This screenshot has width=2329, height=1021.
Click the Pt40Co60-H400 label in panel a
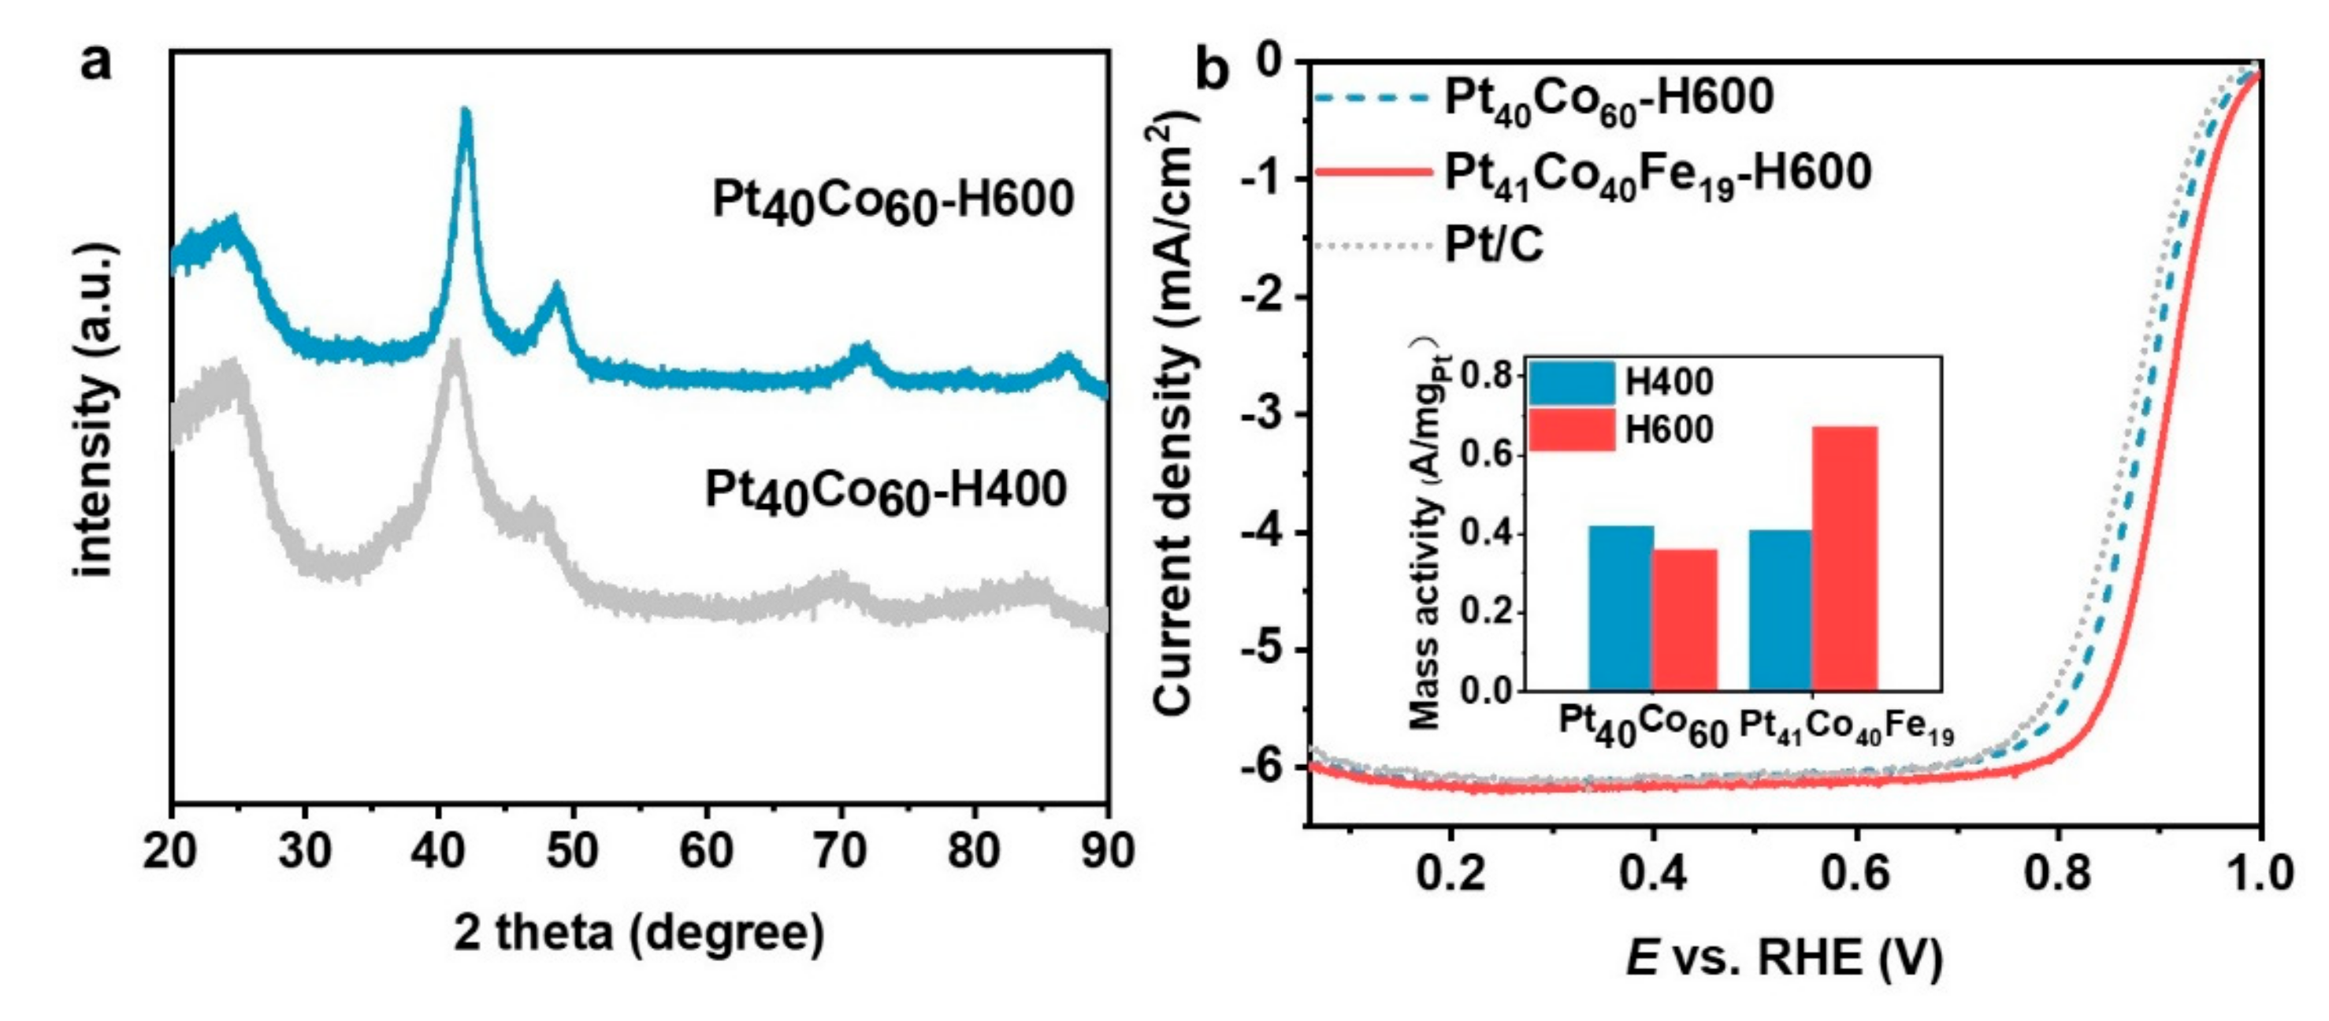[885, 492]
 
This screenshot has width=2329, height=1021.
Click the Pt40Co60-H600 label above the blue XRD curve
[893, 201]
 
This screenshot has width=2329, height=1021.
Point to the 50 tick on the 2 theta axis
[572, 850]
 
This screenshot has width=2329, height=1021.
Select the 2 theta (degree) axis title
[638, 933]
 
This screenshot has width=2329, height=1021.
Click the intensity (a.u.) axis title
[96, 410]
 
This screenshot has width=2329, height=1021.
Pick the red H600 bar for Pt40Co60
[1685, 619]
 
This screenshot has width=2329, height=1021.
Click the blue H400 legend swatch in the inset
[1571, 384]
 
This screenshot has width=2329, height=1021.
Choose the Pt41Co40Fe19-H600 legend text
[1656, 173]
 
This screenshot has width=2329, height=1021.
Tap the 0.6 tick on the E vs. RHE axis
[1855, 873]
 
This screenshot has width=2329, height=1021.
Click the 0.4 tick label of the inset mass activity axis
[1488, 533]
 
